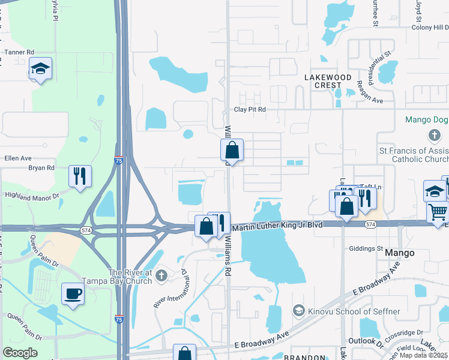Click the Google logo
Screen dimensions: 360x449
20,353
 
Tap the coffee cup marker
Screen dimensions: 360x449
73,294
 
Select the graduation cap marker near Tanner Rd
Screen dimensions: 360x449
40,69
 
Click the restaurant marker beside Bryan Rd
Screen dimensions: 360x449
80,176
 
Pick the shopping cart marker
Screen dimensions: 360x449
438,211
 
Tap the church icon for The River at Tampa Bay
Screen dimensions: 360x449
160,276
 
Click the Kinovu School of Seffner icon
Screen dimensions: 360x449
298,310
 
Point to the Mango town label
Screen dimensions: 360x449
400,253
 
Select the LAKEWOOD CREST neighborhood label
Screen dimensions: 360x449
328,81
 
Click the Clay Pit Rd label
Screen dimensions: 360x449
250,110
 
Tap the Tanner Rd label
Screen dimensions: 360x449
20,52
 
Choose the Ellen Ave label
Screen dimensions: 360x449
18,158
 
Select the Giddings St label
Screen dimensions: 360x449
366,248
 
